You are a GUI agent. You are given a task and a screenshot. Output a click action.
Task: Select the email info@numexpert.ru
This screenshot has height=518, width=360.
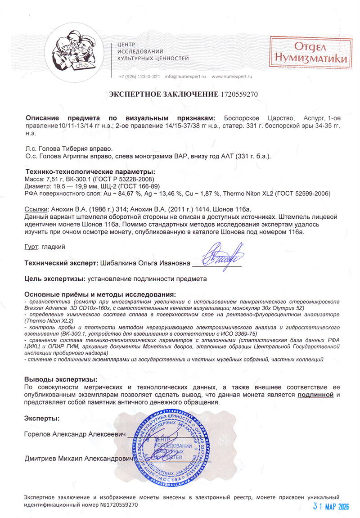pos(186,77)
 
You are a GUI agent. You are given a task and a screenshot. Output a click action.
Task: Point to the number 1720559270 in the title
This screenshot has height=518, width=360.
pos(239,94)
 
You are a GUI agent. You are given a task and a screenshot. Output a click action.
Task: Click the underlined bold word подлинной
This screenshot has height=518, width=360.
pos(315,395)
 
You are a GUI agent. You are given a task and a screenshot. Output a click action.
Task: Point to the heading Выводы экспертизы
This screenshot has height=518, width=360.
pos(61,379)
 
